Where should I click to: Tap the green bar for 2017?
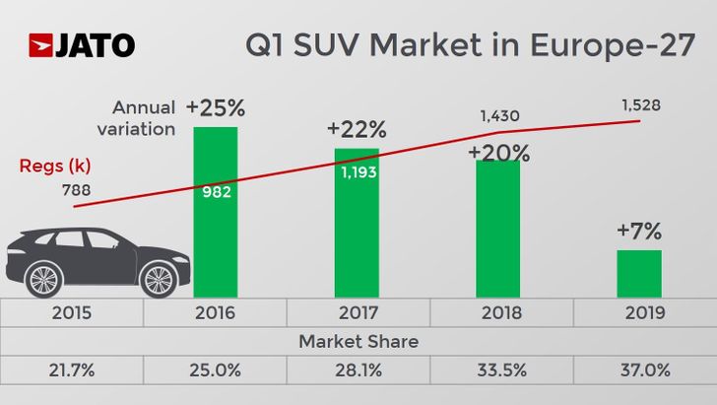(357, 236)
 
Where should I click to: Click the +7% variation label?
(639, 232)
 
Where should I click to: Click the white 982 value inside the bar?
(216, 191)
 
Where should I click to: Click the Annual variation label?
(144, 117)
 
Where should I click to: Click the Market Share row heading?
(358, 342)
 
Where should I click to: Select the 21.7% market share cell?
(72, 371)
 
